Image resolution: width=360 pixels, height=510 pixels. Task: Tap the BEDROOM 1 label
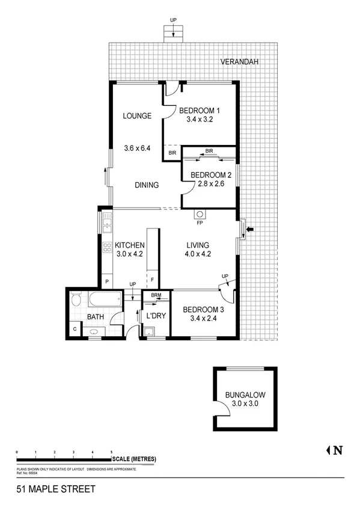point(200,111)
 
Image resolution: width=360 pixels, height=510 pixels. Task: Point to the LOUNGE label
point(136,116)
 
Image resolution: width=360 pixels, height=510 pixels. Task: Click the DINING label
point(147,185)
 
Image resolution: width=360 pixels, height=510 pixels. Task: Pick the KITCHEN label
point(130,245)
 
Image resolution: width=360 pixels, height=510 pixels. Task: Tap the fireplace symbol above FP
point(200,214)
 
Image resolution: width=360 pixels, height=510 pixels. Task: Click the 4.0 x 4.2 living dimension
point(197,254)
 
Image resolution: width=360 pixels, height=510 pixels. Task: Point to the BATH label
point(96,317)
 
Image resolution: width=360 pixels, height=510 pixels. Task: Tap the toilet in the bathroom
point(76,300)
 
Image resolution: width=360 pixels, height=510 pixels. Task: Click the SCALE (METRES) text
point(134,459)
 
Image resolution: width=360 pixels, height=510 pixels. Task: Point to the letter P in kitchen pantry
point(107,281)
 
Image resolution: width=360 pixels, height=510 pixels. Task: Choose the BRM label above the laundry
point(156,295)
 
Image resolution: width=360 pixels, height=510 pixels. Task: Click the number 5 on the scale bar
point(111,452)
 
